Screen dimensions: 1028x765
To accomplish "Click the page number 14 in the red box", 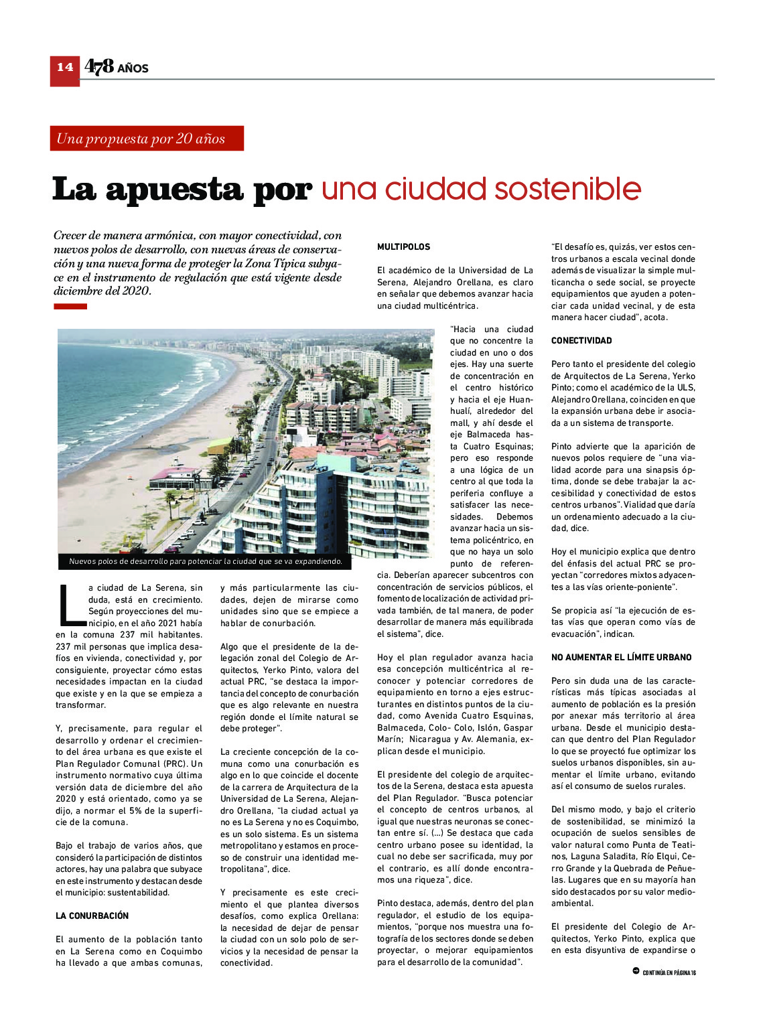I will tap(65, 67).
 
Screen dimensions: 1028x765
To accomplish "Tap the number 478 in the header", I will tap(99, 66).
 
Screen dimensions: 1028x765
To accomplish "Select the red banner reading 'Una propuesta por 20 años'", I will tap(146, 139).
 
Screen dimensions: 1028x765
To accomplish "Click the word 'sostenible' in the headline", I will tap(567, 189).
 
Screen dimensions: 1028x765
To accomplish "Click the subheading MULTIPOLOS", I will tap(403, 247).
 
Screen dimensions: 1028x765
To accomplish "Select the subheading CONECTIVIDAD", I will tap(581, 341).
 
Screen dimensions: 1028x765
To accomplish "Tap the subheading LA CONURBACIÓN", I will tap(92, 915).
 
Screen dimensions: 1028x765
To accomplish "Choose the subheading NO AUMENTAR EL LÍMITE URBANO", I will tap(621, 657).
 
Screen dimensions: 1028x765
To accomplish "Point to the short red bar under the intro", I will tap(70, 307).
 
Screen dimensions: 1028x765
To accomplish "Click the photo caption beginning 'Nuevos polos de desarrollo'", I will tap(206, 561).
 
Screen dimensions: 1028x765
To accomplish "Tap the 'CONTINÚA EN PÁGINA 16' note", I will tap(669, 973).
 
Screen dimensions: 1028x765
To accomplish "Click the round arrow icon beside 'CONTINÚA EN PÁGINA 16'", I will tap(636, 971).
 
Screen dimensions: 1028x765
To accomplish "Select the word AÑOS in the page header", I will tap(133, 68).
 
